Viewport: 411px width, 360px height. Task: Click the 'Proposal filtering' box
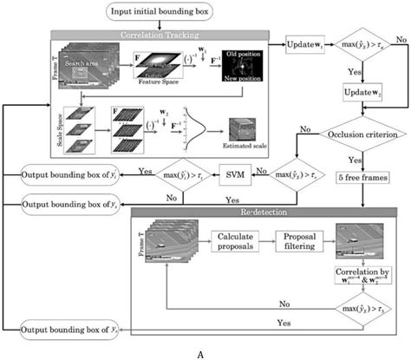(303, 237)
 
